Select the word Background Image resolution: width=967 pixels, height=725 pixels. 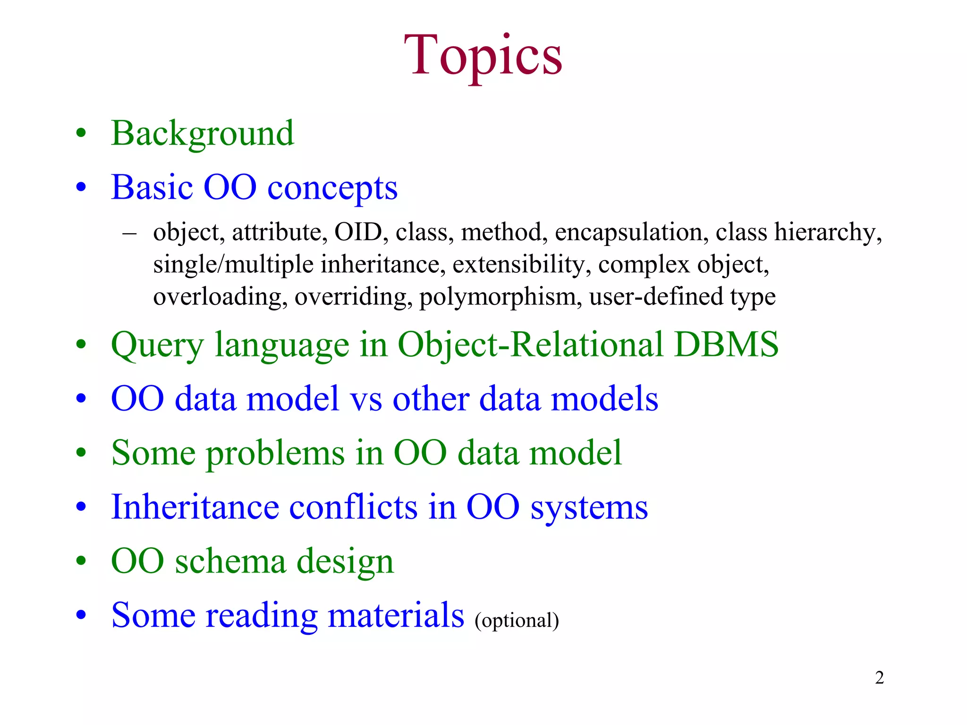point(203,134)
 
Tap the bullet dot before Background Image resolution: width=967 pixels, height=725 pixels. point(81,133)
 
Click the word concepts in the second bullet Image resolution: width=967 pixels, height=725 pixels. point(332,188)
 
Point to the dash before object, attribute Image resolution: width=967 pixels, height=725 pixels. point(129,233)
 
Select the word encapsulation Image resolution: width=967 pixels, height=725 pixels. point(631,233)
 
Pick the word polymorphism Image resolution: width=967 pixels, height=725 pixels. point(500,297)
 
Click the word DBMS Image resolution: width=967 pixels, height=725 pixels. point(726,344)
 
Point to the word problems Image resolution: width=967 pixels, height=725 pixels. point(275,453)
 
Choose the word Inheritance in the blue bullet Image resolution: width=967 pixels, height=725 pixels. point(195,507)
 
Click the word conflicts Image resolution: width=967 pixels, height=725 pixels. point(353,507)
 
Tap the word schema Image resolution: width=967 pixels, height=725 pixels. point(230,561)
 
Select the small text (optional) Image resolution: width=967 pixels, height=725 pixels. point(517,620)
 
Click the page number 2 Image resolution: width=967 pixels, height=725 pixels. point(879,678)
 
